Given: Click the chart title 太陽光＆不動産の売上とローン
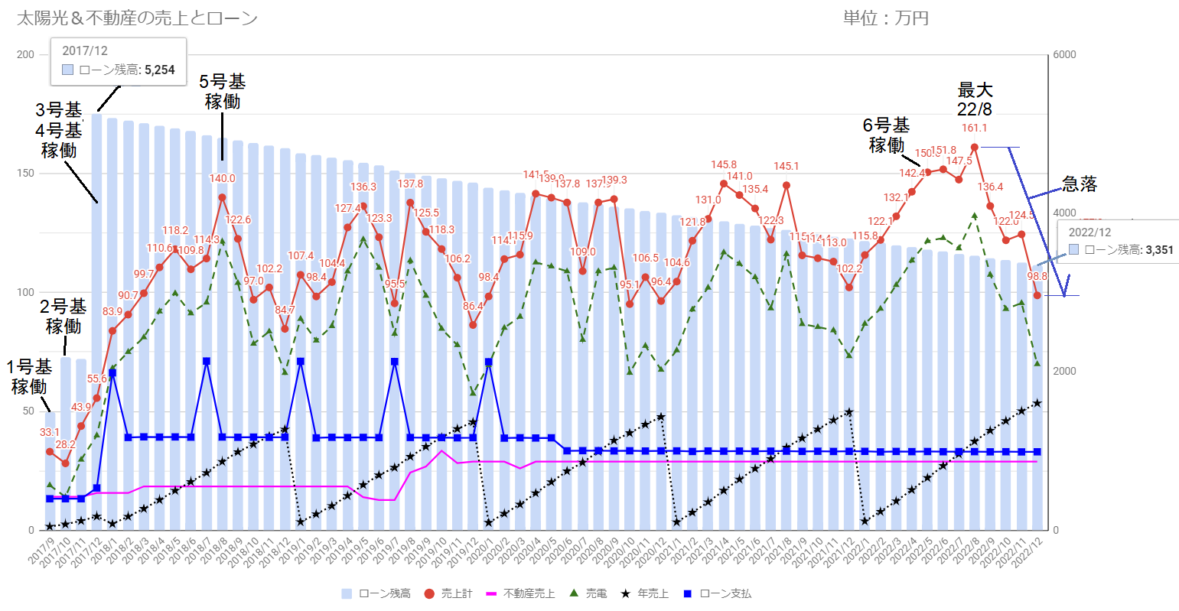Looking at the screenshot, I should [137, 18].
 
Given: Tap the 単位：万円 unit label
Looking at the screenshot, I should [885, 18].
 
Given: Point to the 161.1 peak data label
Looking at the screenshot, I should [974, 128].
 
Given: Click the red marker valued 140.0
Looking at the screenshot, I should [222, 197].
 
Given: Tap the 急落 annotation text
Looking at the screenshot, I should [1080, 184].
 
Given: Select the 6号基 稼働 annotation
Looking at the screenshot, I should [886, 135].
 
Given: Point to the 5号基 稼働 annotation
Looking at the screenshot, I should [222, 92].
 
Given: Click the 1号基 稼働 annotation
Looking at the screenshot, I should [29, 377].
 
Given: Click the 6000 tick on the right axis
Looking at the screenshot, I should [1064, 54].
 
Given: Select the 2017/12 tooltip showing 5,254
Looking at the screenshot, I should [119, 60].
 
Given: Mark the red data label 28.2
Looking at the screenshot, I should [66, 444].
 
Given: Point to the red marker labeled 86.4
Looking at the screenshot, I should [473, 325].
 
